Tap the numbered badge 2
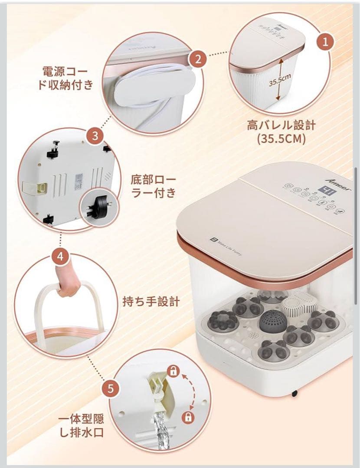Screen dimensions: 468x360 [198, 59]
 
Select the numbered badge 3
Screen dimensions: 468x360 [95, 136]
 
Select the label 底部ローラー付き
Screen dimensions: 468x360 [154, 185]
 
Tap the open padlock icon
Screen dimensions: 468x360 [173, 371]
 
